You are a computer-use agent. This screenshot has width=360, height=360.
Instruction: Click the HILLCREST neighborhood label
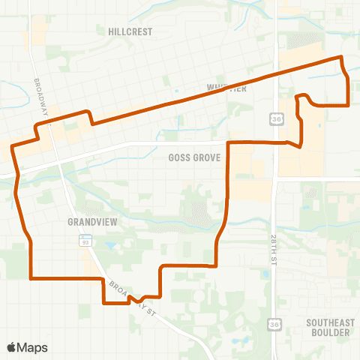click(130, 31)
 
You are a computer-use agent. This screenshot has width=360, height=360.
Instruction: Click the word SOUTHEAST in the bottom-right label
click(328, 322)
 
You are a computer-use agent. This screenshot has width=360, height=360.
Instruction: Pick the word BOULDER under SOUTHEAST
click(328, 332)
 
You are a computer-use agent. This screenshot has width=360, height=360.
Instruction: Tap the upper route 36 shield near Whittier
click(277, 119)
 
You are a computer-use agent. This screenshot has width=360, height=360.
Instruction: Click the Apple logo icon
click(13, 347)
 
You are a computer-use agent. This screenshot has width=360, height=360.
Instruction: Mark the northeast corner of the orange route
click(341, 57)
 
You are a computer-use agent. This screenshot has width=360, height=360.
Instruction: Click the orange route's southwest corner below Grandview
click(31, 278)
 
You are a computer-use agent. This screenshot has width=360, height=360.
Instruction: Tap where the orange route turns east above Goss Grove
click(228, 142)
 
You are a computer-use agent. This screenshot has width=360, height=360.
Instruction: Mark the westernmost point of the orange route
click(11, 148)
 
